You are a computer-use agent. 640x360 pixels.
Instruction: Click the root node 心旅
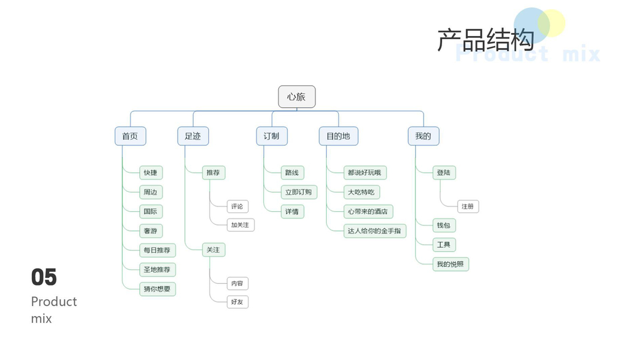pyautogui.click(x=297, y=97)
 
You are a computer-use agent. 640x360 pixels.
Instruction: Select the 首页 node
pyautogui.click(x=130, y=136)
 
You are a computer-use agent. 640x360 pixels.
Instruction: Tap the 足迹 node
pyautogui.click(x=193, y=136)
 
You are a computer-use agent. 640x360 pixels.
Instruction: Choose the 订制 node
pyautogui.click(x=271, y=136)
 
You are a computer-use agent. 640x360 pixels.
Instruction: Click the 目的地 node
pyautogui.click(x=338, y=136)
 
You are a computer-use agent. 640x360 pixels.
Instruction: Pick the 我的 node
pyautogui.click(x=423, y=136)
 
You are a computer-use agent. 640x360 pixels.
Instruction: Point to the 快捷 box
pyautogui.click(x=151, y=173)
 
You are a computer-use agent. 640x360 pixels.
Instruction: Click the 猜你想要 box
pyautogui.click(x=157, y=289)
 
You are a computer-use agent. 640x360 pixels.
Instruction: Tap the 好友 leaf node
pyautogui.click(x=238, y=302)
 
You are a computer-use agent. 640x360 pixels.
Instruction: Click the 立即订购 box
pyautogui.click(x=299, y=192)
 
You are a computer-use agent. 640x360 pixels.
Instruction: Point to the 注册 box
pyautogui.click(x=468, y=206)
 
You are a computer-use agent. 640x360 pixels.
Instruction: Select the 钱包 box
pyautogui.click(x=444, y=226)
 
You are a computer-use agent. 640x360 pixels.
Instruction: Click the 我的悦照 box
pyautogui.click(x=450, y=264)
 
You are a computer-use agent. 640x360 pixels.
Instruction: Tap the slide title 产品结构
pyautogui.click(x=485, y=41)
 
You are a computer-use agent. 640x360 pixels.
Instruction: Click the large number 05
pyautogui.click(x=44, y=277)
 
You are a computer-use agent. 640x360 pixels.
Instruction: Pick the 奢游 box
pyautogui.click(x=151, y=230)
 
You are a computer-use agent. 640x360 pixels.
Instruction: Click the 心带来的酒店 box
pyautogui.click(x=368, y=211)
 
